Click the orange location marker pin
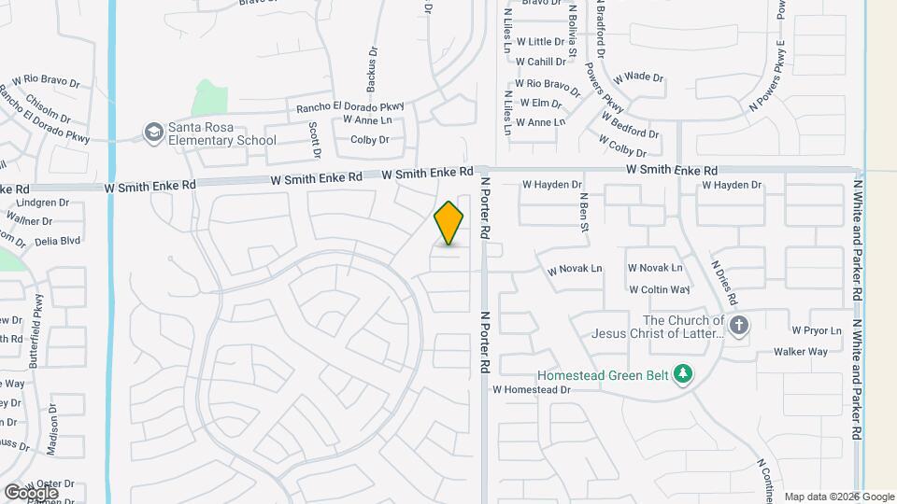coord(449,223)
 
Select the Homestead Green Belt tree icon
coord(683,373)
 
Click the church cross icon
coord(739,326)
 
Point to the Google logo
coord(31,492)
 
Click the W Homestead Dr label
coord(532,389)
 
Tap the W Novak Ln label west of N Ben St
coord(575,269)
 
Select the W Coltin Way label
coord(660,290)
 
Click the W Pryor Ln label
coord(817,330)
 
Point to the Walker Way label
coord(800,352)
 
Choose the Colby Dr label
coord(369,140)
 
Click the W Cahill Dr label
coord(541,62)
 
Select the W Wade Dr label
coord(638,77)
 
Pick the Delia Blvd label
coord(57,240)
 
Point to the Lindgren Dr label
coord(44,203)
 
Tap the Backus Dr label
coord(372,69)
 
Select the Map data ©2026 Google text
coord(839,497)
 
